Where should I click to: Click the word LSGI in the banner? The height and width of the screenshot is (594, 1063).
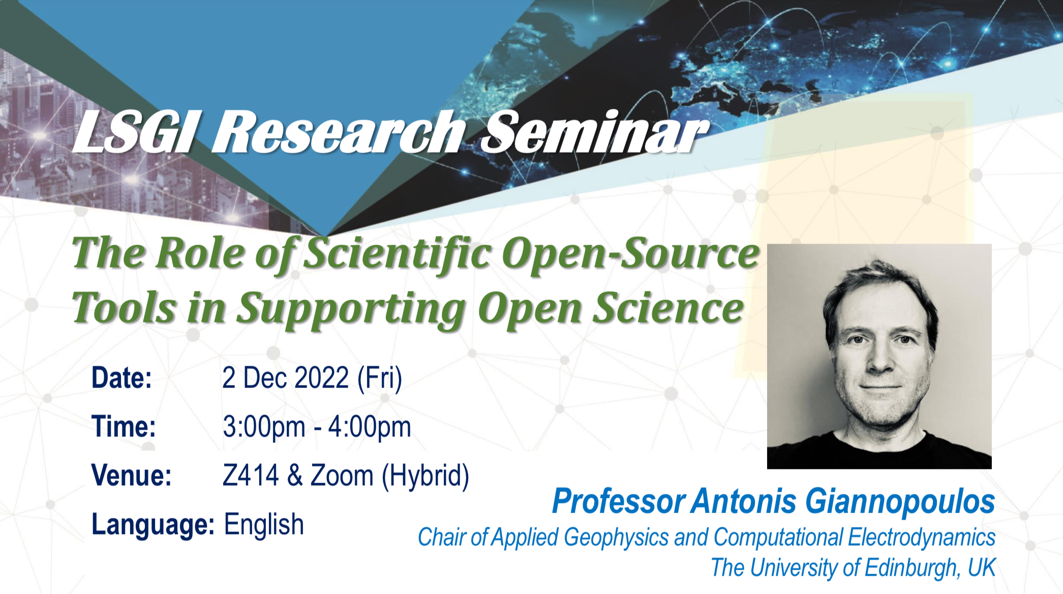tap(134, 132)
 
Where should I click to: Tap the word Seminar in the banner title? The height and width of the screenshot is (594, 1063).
tap(594, 132)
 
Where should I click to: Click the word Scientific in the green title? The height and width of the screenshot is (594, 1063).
tap(397, 253)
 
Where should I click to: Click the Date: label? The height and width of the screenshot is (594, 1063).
tap(122, 378)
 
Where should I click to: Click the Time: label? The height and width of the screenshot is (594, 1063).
tap(124, 427)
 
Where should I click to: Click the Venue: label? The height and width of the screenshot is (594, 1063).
tap(131, 476)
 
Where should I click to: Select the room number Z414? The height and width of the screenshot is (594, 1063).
tap(251, 476)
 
